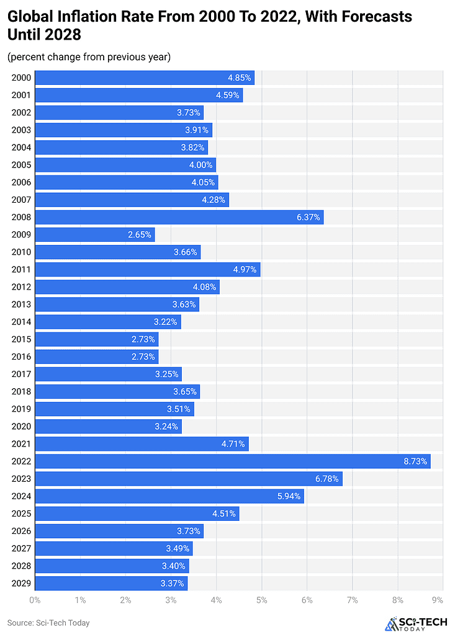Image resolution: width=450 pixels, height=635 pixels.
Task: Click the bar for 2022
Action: click(x=232, y=461)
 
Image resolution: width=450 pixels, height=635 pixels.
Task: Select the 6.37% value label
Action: click(x=307, y=217)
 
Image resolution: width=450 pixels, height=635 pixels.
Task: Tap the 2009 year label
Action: click(x=20, y=234)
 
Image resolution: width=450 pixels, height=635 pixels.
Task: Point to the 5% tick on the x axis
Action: click(x=261, y=600)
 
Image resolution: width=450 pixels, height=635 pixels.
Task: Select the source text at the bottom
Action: click(x=48, y=623)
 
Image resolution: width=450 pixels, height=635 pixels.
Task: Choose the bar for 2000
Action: click(x=144, y=78)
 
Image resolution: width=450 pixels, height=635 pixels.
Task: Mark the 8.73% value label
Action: click(x=414, y=461)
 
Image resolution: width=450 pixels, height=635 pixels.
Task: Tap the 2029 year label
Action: click(x=20, y=583)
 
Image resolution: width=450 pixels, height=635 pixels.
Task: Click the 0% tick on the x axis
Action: click(x=35, y=600)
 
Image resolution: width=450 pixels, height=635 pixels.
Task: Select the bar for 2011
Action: click(x=147, y=270)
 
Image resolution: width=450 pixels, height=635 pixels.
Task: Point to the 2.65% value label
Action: click(x=139, y=234)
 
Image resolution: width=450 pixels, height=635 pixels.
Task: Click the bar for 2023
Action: click(x=188, y=479)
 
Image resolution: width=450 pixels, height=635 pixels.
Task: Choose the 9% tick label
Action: click(x=438, y=600)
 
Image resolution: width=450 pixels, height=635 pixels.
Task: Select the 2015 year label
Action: click(x=20, y=339)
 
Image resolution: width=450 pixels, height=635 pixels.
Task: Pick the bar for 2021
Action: click(x=142, y=444)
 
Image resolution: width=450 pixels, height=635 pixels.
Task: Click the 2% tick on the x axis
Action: click(x=125, y=600)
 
